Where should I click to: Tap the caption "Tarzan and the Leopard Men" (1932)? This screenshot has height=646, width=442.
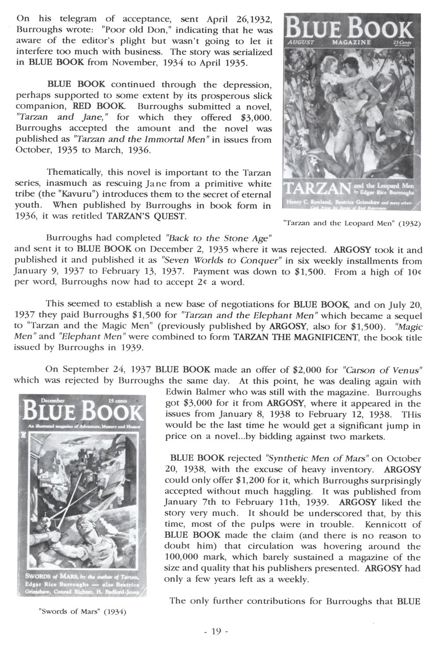click(352, 223)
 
